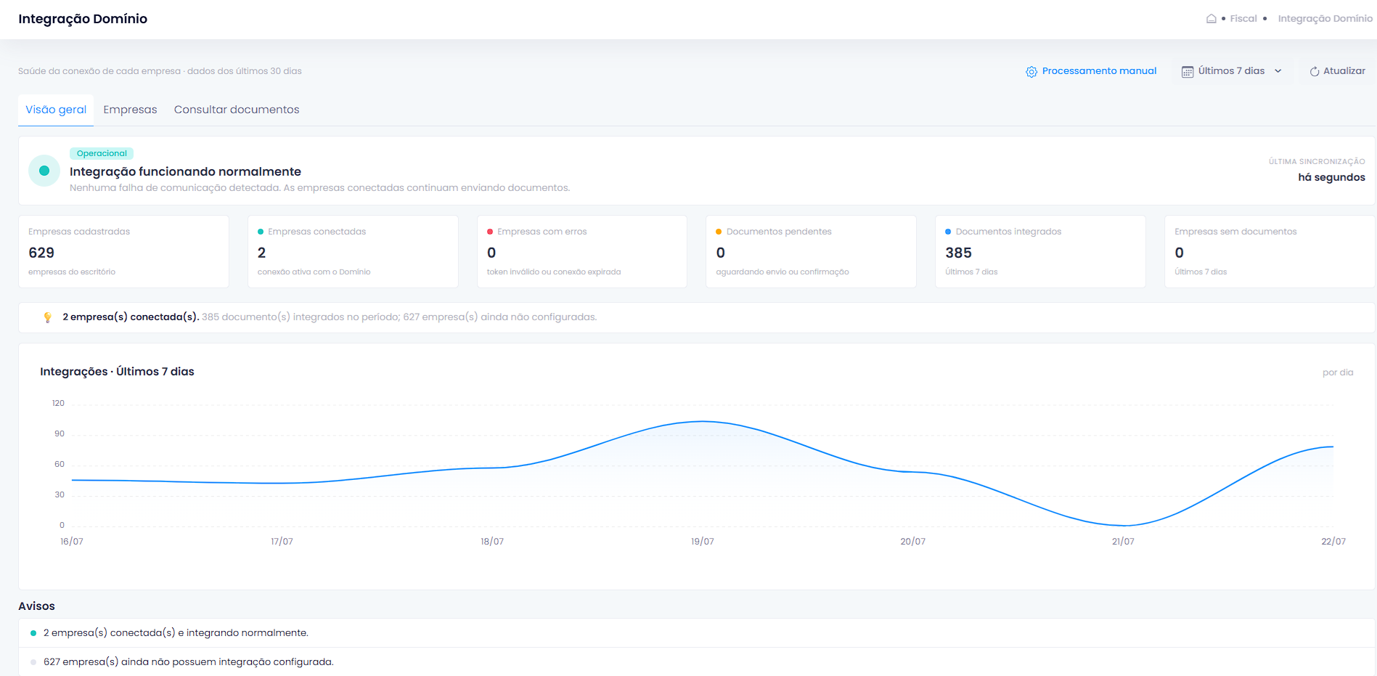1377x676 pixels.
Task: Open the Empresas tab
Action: [130, 110]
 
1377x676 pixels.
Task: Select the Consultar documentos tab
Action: [237, 110]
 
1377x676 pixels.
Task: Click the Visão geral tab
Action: [56, 110]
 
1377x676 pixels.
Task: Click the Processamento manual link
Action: [1091, 71]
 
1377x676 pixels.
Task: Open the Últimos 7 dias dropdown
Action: [1232, 71]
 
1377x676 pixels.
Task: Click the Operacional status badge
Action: [102, 153]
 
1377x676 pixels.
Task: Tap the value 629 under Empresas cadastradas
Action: [41, 253]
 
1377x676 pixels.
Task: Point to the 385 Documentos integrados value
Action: [958, 253]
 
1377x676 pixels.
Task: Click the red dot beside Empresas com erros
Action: [490, 232]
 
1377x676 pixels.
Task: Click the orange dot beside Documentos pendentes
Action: [719, 232]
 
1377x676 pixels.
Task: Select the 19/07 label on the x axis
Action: [702, 542]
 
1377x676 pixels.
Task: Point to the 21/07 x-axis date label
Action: [1123, 542]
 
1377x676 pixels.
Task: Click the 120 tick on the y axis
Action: [58, 403]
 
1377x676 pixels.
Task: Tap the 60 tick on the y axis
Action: [60, 464]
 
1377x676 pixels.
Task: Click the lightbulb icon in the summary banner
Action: [48, 317]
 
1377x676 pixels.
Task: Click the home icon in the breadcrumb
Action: [1211, 19]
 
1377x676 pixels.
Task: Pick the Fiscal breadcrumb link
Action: [1243, 19]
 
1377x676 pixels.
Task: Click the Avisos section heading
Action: [36, 606]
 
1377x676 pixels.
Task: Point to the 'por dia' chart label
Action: [1338, 372]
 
